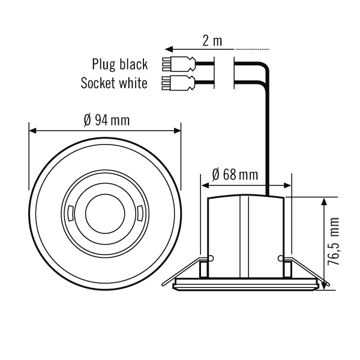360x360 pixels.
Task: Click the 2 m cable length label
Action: click(212, 41)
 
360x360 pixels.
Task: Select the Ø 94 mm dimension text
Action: click(107, 120)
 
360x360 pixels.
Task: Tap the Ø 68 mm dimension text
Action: click(235, 175)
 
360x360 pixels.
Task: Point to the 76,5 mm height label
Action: click(334, 241)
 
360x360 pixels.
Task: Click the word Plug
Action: click(104, 65)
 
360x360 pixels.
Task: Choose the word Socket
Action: click(97, 83)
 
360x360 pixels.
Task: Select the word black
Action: click(134, 64)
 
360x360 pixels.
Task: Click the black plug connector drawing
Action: click(179, 64)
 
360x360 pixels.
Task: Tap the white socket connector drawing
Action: click(178, 83)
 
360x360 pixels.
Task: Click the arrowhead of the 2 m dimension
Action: click(169, 49)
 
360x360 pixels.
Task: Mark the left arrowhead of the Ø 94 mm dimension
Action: click(33, 131)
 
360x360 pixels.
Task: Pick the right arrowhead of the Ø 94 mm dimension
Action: click(177, 131)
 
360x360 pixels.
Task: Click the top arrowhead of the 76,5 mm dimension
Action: click(324, 202)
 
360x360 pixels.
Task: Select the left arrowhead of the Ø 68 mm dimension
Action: click(205, 185)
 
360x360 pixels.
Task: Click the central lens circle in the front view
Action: click(105, 214)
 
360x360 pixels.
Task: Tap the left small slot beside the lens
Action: click(71, 214)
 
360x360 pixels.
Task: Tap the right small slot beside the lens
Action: click(140, 214)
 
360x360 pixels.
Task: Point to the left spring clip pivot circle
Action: click(211, 258)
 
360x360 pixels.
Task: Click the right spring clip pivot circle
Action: click(281, 258)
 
